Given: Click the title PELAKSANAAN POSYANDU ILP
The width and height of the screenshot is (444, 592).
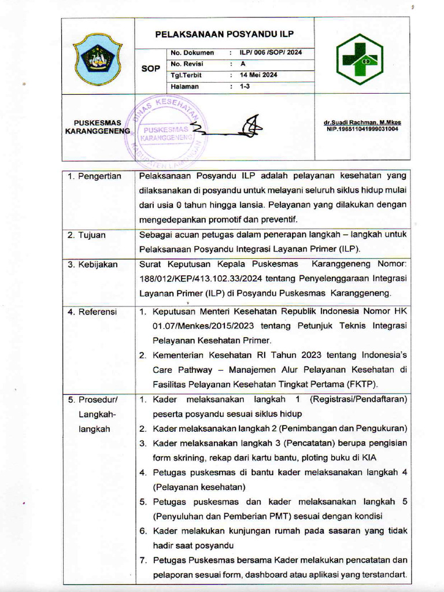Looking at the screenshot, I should pyautogui.click(x=224, y=34).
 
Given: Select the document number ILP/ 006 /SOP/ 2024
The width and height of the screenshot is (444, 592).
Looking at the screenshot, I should pyautogui.click(x=271, y=53).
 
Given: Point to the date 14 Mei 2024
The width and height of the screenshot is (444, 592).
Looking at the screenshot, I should pyautogui.click(x=258, y=75).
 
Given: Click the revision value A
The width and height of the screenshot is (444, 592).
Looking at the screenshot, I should pyautogui.click(x=243, y=64).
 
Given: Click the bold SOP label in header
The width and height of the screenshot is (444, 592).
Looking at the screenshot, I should pyautogui.click(x=151, y=69).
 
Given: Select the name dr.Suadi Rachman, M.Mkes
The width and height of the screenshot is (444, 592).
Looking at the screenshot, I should pyautogui.click(x=362, y=123).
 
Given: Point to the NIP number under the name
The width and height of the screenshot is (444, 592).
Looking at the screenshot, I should pyautogui.click(x=362, y=129).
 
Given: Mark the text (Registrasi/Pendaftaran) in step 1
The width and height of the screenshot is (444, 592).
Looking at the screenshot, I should pyautogui.click(x=358, y=399).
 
